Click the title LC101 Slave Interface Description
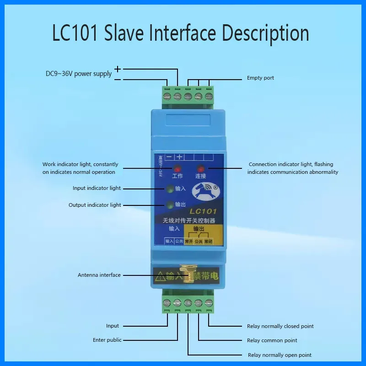click(181, 34)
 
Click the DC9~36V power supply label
click(79, 74)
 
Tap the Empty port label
click(260, 78)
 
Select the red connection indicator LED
click(200, 168)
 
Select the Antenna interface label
click(99, 275)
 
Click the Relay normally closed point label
click(280, 326)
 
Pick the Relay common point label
click(272, 340)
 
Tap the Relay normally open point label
click(279, 355)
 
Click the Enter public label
click(108, 340)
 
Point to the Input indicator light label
click(97, 188)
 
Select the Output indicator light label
click(95, 205)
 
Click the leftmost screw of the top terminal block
click(167, 97)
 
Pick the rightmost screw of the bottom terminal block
click(209, 302)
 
